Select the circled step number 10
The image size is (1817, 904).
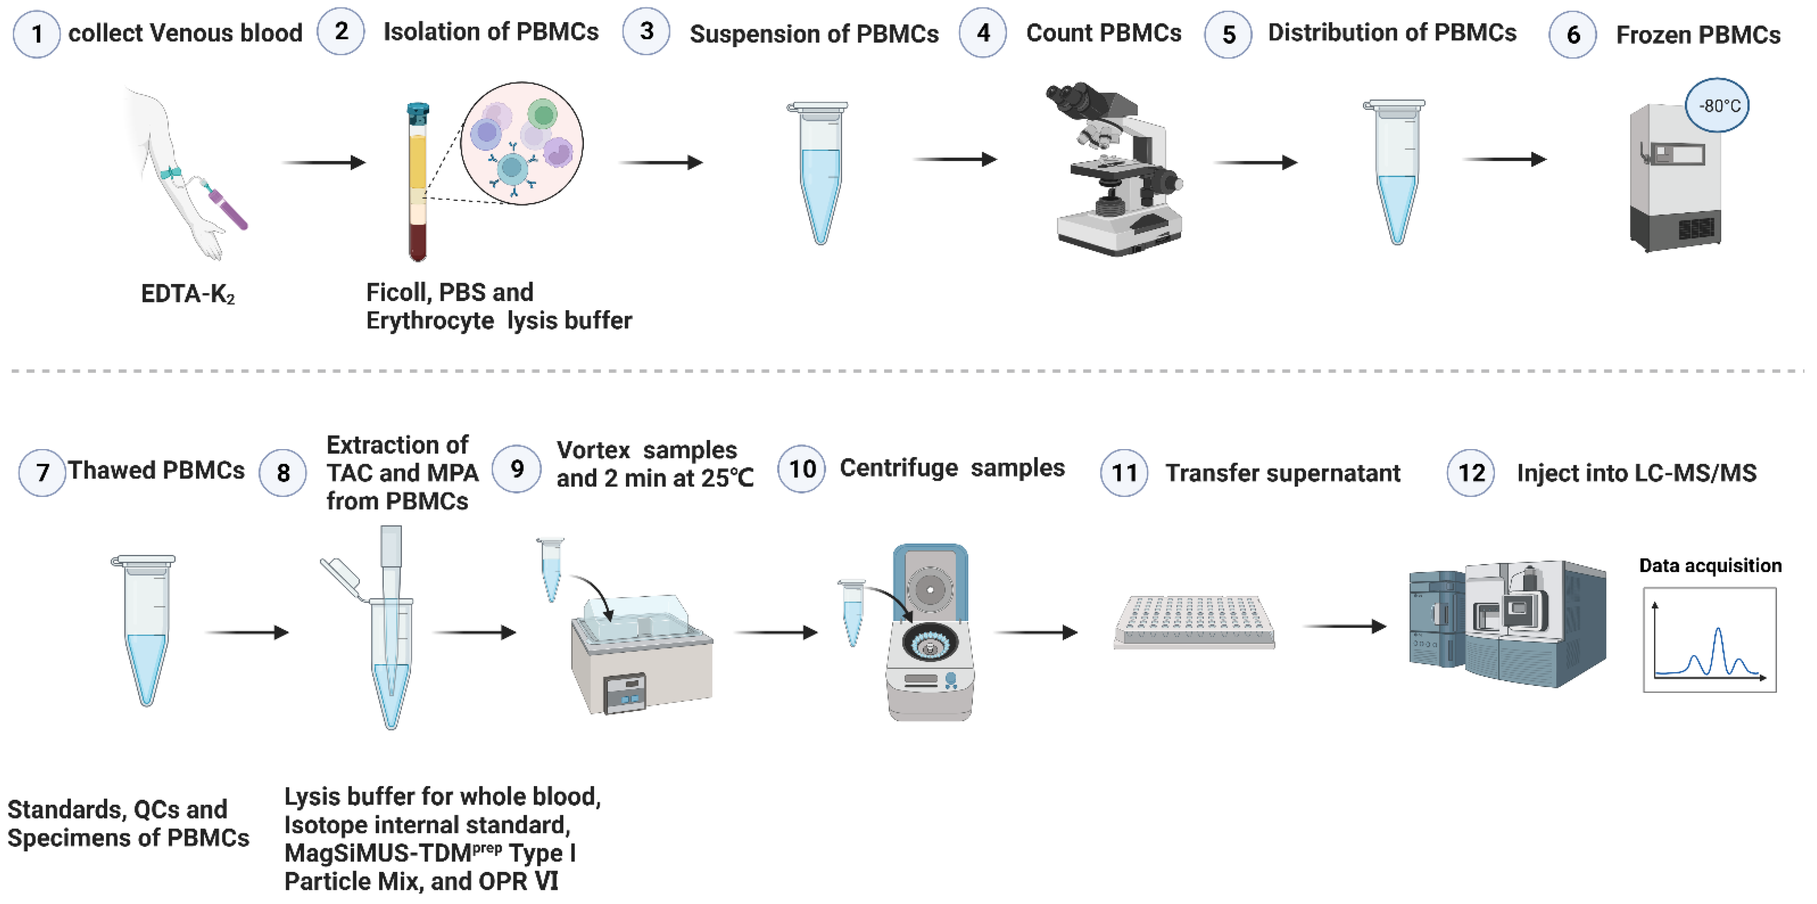tap(801, 469)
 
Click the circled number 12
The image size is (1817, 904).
tap(1471, 472)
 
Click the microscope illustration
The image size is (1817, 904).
tap(1114, 169)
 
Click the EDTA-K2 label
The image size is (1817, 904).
tap(188, 294)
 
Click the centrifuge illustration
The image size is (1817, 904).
tap(930, 635)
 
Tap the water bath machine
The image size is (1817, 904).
tap(641, 656)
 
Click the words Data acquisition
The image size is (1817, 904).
tap(1710, 565)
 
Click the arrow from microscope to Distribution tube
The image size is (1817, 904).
tap(1256, 162)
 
